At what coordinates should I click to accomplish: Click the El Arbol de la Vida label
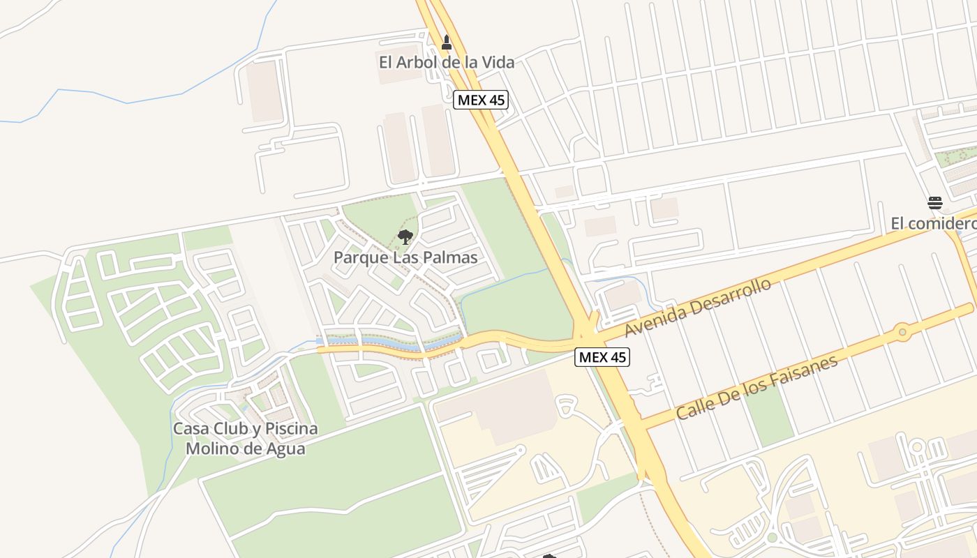[447, 62]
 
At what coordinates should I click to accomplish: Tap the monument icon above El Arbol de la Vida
[447, 43]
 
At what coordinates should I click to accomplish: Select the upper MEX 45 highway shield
[481, 100]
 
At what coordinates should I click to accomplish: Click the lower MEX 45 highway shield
[602, 357]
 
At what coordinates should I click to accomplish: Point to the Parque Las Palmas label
[405, 257]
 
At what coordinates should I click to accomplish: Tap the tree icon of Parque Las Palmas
[405, 237]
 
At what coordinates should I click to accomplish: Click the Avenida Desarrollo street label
[698, 308]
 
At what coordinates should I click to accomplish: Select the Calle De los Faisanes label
[756, 387]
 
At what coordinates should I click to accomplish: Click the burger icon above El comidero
[935, 203]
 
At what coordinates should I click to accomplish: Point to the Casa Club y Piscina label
[245, 428]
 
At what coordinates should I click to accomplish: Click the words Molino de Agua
[245, 448]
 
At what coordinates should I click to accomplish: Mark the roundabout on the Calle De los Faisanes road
[902, 332]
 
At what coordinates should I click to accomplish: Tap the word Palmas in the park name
[450, 257]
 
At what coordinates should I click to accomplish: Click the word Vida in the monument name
[498, 62]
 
